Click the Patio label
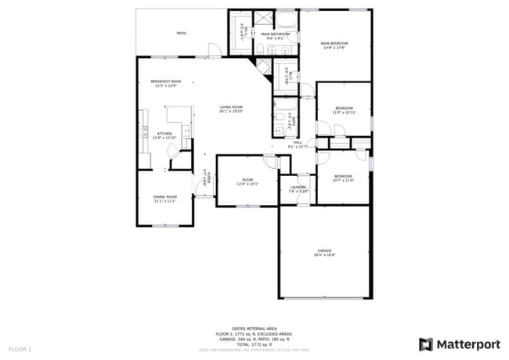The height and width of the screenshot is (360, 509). click(181, 34)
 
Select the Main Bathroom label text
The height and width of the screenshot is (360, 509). click(275, 35)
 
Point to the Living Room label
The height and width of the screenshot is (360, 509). click(231, 108)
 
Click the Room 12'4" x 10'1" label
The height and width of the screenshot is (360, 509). click(247, 182)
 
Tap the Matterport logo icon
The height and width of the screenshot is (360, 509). click(425, 344)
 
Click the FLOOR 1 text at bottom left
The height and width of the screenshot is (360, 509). click(20, 347)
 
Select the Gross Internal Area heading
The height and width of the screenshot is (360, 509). click(254, 329)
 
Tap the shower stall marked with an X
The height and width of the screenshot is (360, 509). click(263, 20)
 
